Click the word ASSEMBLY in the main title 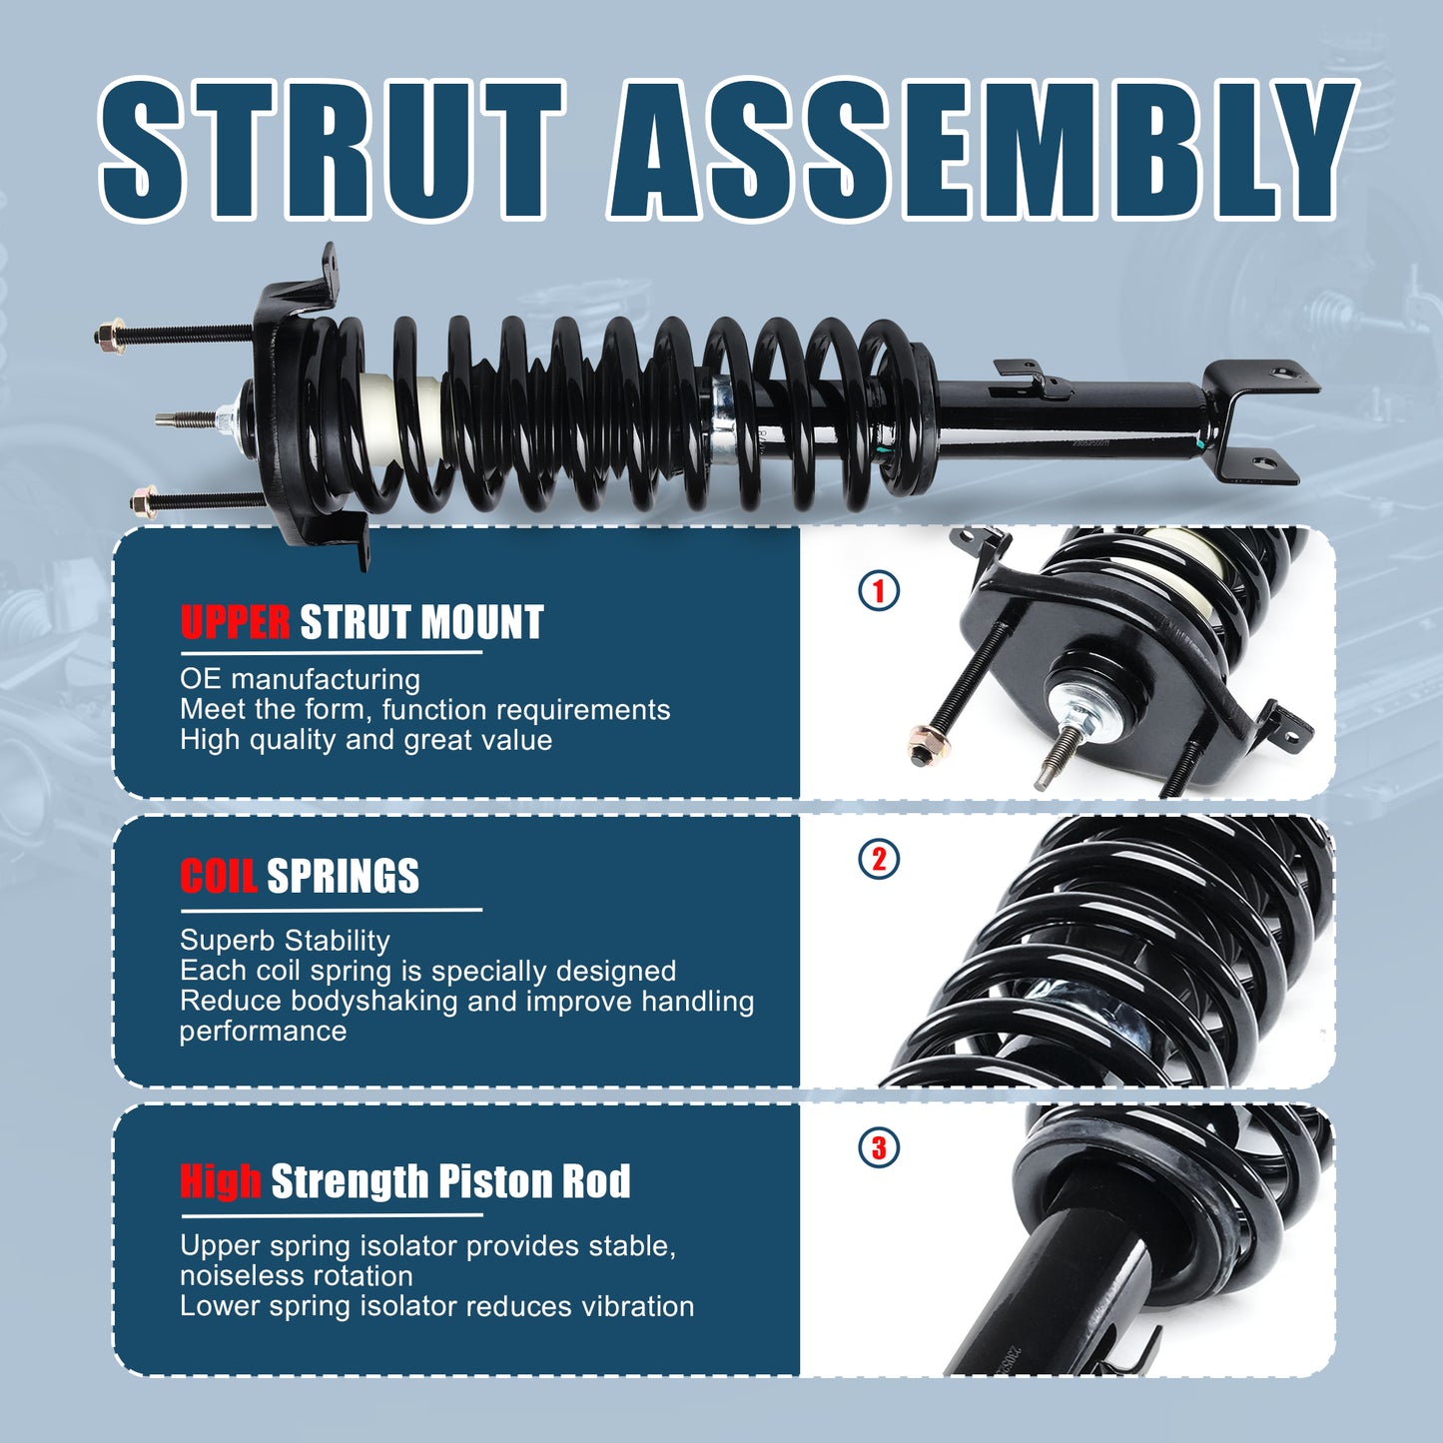(x=979, y=150)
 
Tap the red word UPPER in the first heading (x=235, y=622)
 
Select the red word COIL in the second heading (x=218, y=876)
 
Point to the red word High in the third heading (x=220, y=1180)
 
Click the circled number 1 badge (x=879, y=590)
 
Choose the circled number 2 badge (x=879, y=859)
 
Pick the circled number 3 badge (x=879, y=1147)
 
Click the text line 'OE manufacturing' (x=300, y=679)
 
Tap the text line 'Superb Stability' (x=285, y=941)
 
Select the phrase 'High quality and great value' (x=365, y=740)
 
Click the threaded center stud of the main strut (x=185, y=419)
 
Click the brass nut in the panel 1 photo (x=929, y=745)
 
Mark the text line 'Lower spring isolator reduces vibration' (x=436, y=1306)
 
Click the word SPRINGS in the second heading (x=343, y=876)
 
